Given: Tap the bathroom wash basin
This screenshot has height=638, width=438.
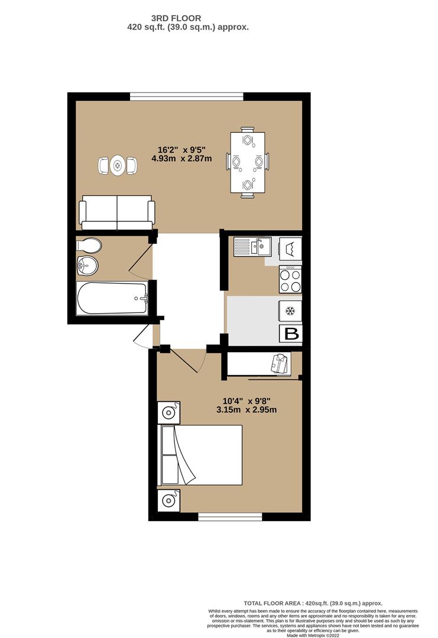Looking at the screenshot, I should pos(87,267).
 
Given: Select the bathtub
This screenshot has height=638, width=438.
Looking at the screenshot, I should pos(112,298).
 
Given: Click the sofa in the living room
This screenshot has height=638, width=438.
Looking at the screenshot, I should pos(117,212).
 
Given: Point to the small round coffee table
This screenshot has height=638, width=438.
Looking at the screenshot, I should pos(117,165).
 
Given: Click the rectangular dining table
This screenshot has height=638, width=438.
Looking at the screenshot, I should pos(247,162).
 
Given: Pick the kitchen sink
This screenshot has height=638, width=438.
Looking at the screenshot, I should pos(252,246).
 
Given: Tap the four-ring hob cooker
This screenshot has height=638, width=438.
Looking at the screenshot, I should pos(290,279).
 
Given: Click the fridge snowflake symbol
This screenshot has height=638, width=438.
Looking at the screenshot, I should pos(290,311).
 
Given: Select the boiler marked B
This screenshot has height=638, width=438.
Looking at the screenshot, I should pos(292,334).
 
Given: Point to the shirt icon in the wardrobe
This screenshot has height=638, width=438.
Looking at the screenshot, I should pos(281,363).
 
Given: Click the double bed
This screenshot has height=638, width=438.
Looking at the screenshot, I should pos(201,455).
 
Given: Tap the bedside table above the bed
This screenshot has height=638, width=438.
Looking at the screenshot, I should pos(168,412).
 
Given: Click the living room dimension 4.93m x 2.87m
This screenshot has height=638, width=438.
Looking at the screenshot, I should pos(181,158).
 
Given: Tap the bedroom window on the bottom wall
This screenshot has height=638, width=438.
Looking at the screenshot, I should pos(230,517).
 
